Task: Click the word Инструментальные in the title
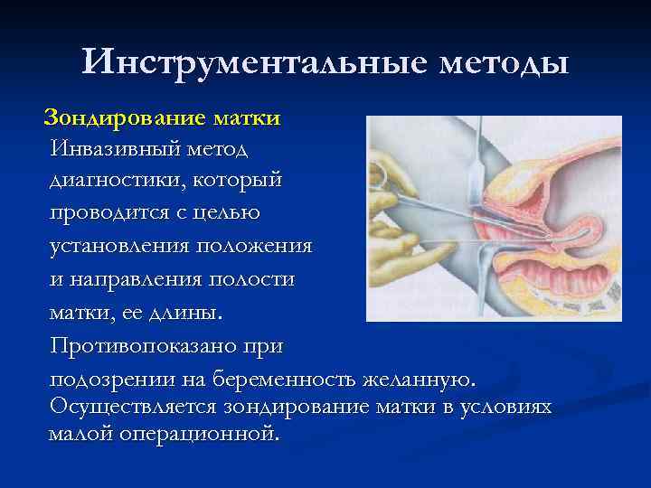pyautogui.click(x=250, y=62)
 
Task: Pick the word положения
pyautogui.click(x=262, y=246)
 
